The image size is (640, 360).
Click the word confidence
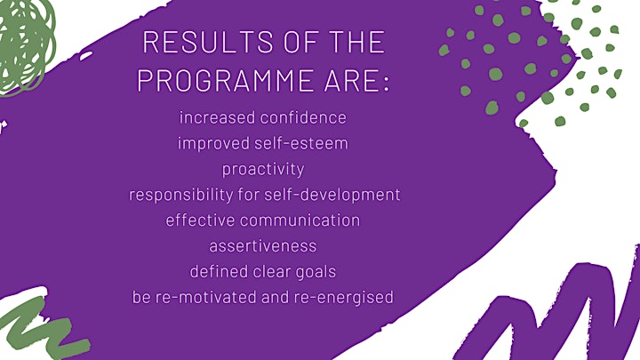[303, 117]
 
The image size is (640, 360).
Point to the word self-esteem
[301, 143]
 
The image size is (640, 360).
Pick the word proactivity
[263, 170]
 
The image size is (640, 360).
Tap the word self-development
[332, 195]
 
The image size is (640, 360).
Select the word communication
[300, 220]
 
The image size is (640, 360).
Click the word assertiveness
[263, 246]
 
